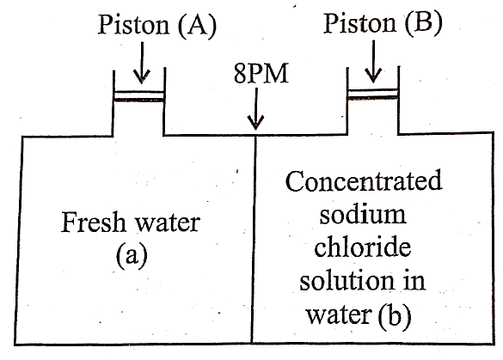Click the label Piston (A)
(156, 25)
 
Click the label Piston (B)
(383, 24)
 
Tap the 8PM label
(261, 74)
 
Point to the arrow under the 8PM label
(255, 108)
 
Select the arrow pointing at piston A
(142, 63)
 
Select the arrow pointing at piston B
(373, 61)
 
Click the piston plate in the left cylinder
(139, 96)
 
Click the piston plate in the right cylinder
(373, 94)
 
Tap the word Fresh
(93, 222)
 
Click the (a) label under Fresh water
(132, 254)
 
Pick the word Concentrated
(364, 180)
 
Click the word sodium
(363, 214)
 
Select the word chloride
(363, 247)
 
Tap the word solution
(347, 280)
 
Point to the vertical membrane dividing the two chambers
(254, 240)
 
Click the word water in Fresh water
(167, 223)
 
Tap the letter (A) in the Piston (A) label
(197, 26)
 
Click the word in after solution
(413, 280)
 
